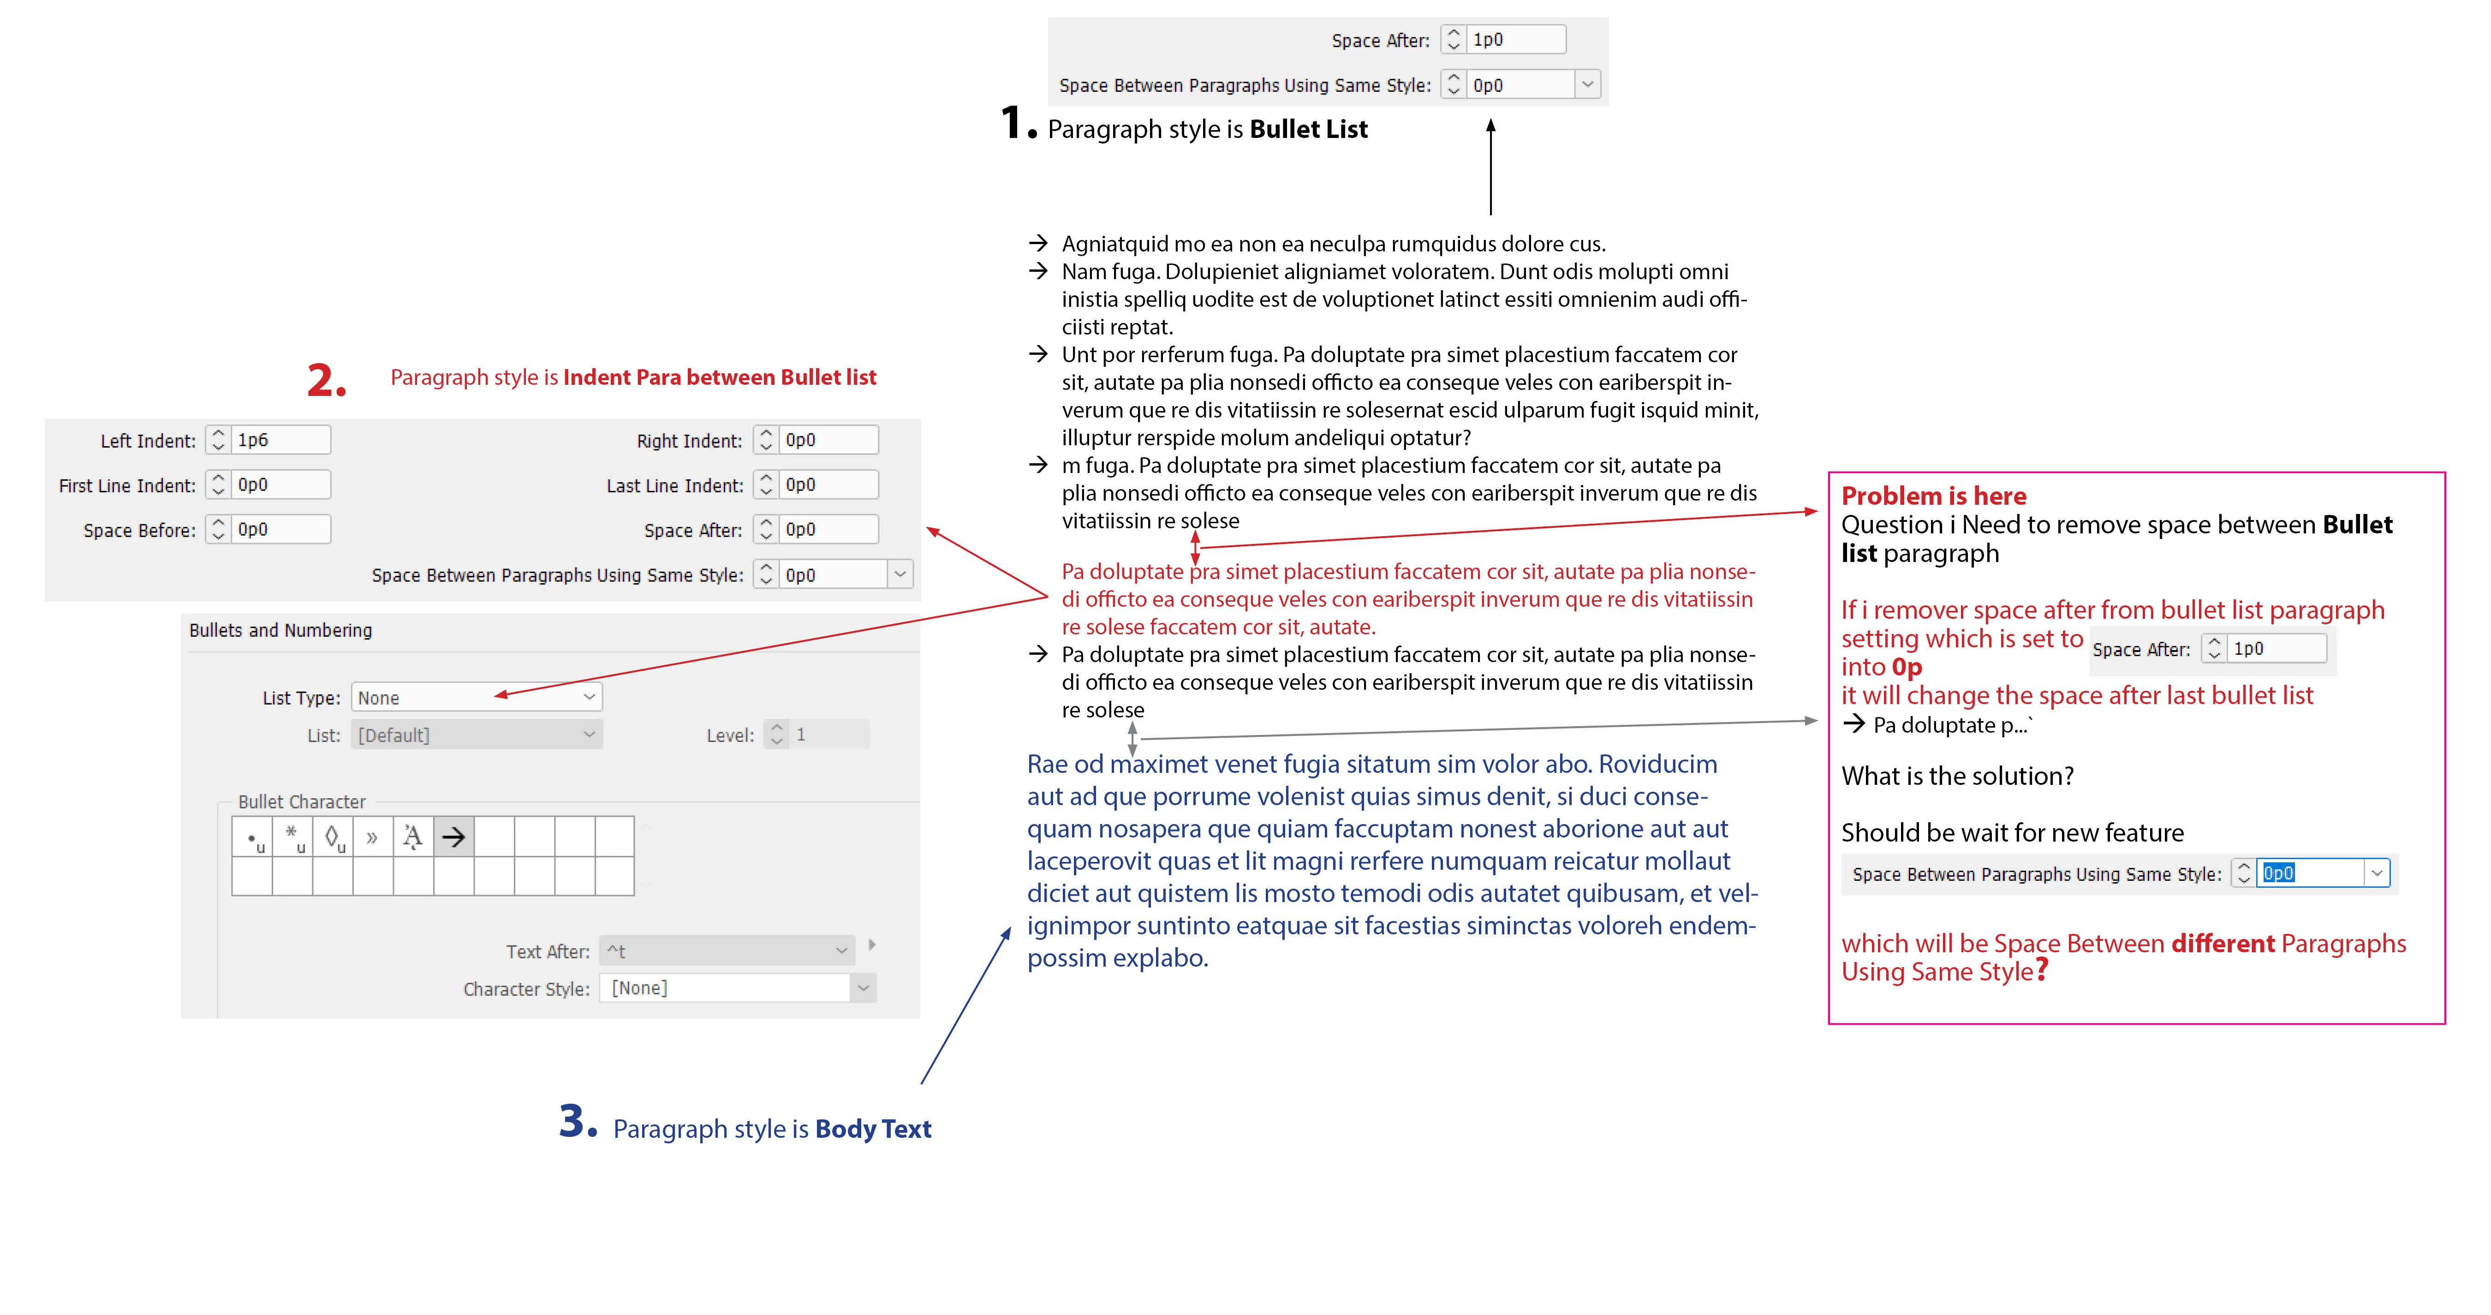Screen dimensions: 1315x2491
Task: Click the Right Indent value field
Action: click(x=829, y=440)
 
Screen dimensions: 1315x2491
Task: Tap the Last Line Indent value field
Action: click(x=829, y=484)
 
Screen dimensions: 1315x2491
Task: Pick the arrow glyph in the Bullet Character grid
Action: click(x=453, y=837)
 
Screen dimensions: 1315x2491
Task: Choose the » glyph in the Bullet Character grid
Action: click(x=372, y=837)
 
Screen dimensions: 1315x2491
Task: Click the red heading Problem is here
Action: click(x=1933, y=496)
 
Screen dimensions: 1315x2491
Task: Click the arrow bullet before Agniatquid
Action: click(x=1037, y=243)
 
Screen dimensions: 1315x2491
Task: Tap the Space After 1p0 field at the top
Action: click(x=1514, y=40)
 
